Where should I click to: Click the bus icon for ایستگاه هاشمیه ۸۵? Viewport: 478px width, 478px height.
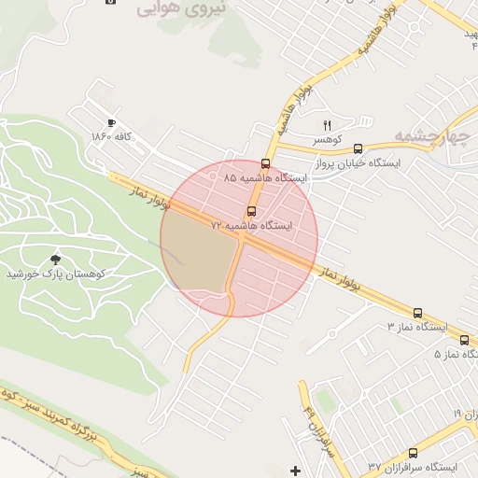point(265,163)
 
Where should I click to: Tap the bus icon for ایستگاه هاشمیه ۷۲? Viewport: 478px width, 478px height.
point(251,210)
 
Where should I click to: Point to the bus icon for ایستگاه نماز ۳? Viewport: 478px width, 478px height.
point(417,314)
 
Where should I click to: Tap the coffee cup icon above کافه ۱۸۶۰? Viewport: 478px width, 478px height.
point(111,123)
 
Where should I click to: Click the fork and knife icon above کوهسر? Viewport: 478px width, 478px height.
point(327,125)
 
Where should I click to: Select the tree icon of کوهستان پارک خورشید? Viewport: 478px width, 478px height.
point(58,259)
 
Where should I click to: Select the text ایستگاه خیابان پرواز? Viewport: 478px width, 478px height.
point(358,162)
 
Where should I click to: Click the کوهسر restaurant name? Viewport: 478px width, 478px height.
point(328,139)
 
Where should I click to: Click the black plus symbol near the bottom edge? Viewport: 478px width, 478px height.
point(297,470)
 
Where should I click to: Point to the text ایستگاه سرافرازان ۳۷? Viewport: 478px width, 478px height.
point(411,466)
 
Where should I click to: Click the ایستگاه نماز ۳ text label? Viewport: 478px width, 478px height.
point(416,328)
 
